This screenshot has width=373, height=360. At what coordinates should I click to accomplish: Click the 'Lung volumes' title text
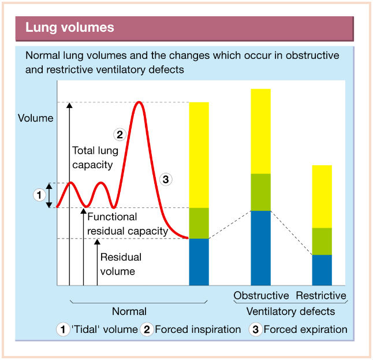70,27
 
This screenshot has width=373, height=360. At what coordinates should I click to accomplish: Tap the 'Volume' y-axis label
36,118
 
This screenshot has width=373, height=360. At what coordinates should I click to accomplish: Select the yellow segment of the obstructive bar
261,131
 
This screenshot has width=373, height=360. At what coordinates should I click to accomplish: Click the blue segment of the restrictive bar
322,270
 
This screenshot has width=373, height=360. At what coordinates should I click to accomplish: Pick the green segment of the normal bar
199,223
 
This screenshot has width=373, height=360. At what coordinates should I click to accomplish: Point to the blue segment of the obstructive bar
261,248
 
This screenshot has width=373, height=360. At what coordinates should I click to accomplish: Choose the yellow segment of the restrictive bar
322,196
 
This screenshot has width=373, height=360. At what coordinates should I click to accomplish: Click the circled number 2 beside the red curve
120,135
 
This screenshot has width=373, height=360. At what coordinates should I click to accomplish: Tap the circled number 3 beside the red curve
166,179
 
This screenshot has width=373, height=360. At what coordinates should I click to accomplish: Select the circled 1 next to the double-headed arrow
39,195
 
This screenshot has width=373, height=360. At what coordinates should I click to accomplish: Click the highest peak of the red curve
139,102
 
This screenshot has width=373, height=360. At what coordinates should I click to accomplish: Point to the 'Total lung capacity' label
95,158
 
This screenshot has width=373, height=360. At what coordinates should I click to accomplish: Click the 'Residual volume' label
121,264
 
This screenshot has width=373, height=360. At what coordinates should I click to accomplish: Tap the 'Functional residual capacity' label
128,224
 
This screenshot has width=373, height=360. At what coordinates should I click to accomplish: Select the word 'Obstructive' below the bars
261,295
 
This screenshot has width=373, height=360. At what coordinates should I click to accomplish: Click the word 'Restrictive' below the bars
321,295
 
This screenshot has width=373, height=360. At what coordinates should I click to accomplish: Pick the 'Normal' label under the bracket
129,311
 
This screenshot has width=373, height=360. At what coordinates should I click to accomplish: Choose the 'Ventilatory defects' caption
290,311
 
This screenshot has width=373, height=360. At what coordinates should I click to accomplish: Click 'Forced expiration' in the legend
305,329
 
